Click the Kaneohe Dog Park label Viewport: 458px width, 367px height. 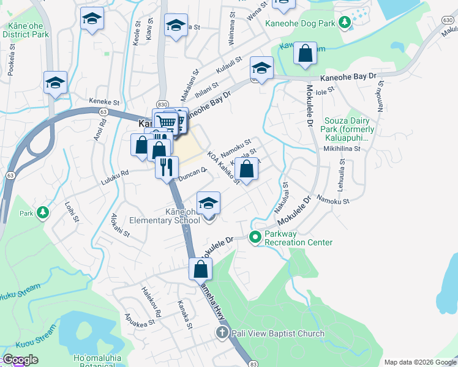300,23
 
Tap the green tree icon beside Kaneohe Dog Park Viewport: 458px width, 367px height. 345,23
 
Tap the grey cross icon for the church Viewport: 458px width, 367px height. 222,333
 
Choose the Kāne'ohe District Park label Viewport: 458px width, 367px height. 25,31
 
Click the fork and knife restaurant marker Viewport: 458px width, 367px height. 167,166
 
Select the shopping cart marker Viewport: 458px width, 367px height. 165,122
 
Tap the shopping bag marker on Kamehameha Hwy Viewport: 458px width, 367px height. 201,269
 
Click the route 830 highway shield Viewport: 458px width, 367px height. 162,105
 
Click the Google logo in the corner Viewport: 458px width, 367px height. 20,360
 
